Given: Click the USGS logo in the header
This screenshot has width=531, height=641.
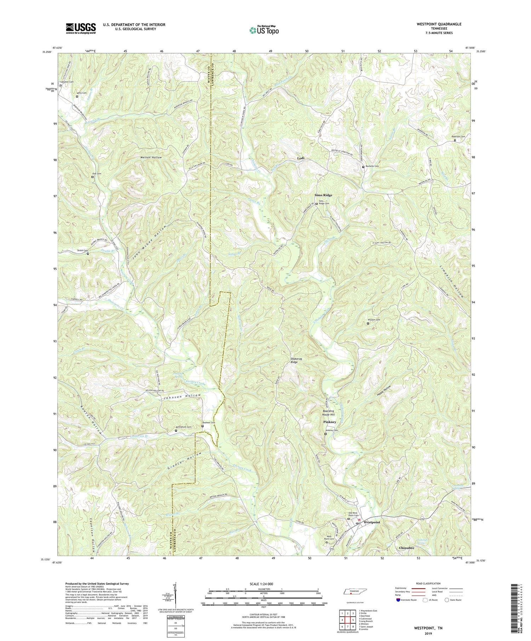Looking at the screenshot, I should (x=81, y=28).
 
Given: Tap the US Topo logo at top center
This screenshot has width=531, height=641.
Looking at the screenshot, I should (x=264, y=30).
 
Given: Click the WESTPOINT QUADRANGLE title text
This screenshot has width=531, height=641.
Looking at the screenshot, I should (x=430, y=24).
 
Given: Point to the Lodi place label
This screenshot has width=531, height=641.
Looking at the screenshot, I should (x=301, y=159).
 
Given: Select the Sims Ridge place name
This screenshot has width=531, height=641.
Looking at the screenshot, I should (x=324, y=195).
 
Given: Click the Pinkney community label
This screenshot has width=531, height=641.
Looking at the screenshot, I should (x=330, y=422).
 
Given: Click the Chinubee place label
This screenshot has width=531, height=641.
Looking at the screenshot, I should (x=407, y=548).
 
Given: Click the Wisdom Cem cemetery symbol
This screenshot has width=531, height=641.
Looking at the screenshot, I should (x=368, y=323).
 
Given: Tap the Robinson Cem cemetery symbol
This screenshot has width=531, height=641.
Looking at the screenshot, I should (x=455, y=140).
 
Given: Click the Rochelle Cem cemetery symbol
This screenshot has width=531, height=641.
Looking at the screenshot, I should (x=363, y=167).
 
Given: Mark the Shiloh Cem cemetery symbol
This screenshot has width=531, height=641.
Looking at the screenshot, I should (x=88, y=254).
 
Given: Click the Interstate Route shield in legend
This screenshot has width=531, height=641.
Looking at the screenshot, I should (x=399, y=600).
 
